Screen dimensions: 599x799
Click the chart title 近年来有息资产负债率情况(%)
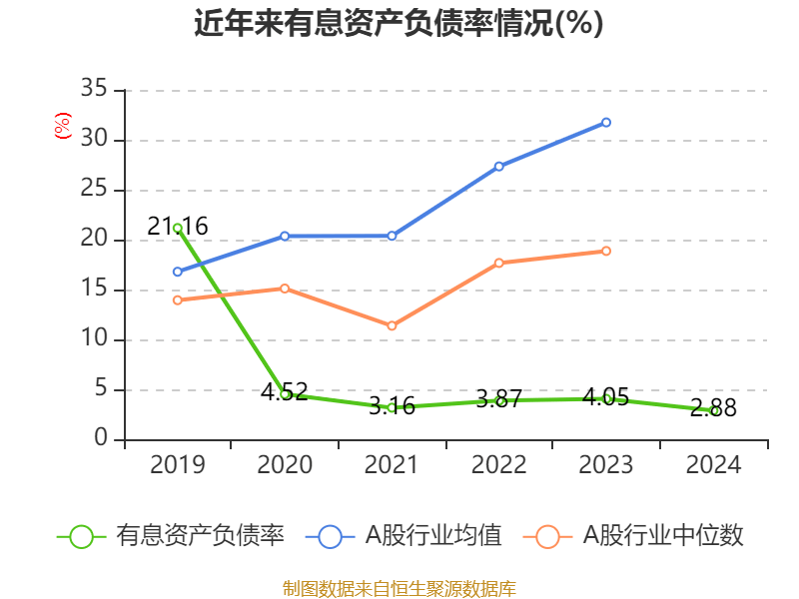[x=399, y=23]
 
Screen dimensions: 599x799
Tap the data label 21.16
[x=178, y=227]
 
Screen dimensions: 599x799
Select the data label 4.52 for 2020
[x=285, y=391]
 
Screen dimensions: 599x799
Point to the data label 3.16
[x=392, y=405]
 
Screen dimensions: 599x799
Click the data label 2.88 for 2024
[x=713, y=407]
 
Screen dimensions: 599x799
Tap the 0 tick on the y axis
[x=101, y=439]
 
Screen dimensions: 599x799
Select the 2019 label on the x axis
[x=178, y=465]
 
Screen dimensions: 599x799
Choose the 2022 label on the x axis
[x=498, y=465]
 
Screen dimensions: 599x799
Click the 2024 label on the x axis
[x=713, y=465]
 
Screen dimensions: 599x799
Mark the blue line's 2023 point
[x=606, y=122]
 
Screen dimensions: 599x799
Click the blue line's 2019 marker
[x=178, y=272]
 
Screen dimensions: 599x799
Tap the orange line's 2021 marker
[x=392, y=325]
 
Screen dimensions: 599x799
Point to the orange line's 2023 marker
[x=606, y=251]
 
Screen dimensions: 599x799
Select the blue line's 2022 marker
[x=498, y=166]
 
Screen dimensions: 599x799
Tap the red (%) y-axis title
[x=63, y=126]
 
